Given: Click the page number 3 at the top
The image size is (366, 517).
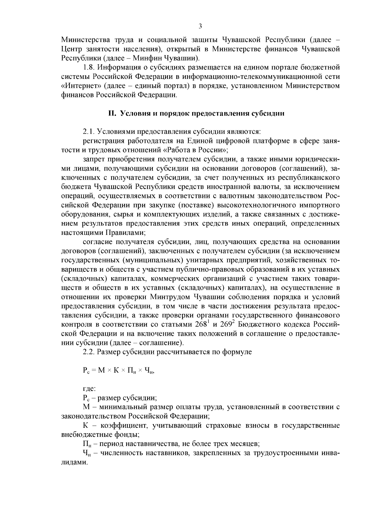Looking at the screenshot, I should coord(200,27).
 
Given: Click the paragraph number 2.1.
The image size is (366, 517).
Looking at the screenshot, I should coord(89,132).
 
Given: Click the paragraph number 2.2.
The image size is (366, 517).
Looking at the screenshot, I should coord(89,352).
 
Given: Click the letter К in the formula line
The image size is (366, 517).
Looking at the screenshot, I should coord(116,370).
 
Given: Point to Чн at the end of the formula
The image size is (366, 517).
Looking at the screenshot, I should coord(149,371).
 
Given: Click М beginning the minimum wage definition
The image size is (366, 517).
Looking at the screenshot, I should coord(86,407).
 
